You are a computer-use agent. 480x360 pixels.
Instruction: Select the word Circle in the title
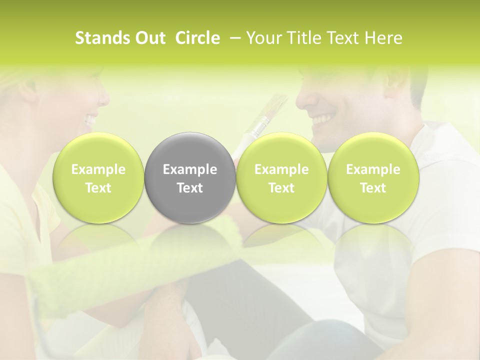(x=198, y=38)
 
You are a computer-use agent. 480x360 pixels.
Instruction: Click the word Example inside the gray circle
(x=190, y=169)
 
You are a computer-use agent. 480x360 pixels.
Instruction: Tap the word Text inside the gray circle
(x=190, y=188)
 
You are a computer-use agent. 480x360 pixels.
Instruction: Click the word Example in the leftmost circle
(x=98, y=169)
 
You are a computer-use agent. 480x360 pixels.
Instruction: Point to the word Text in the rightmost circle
(x=373, y=188)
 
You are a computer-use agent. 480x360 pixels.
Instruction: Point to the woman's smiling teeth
(x=90, y=120)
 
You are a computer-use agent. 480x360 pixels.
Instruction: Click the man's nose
(x=301, y=99)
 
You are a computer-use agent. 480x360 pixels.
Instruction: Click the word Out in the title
(x=150, y=38)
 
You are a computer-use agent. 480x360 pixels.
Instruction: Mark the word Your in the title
(x=263, y=38)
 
